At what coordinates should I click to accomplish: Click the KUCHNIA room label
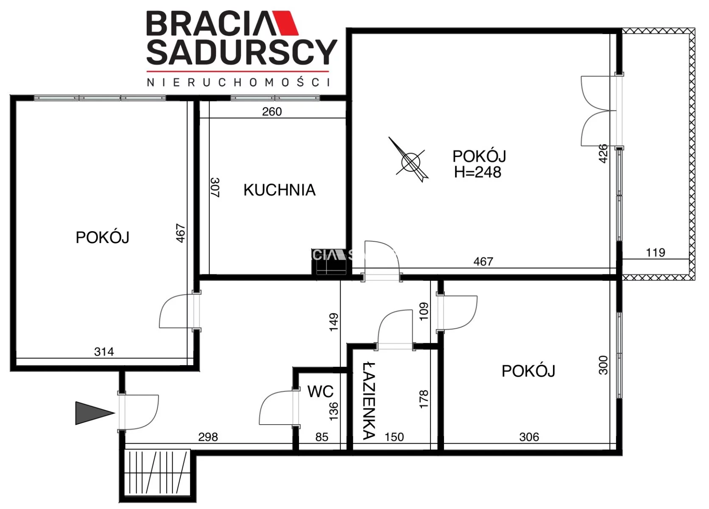tap(279, 190)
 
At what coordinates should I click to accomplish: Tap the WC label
tap(320, 392)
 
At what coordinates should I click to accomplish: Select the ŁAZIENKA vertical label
tap(369, 401)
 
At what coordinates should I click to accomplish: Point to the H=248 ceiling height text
tap(477, 172)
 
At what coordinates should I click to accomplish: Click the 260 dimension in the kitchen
tap(272, 112)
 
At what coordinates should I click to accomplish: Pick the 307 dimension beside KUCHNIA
tap(215, 187)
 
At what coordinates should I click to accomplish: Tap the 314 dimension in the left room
tap(104, 352)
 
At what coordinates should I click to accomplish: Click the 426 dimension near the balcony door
tap(603, 154)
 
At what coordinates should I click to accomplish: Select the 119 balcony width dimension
tap(656, 253)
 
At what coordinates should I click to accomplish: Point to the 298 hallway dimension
tap(208, 437)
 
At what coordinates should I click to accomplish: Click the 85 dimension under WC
tap(322, 437)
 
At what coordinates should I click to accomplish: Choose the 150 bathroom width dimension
tap(394, 437)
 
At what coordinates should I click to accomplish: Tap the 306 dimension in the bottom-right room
tap(529, 437)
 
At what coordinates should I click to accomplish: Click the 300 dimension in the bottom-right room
tap(603, 365)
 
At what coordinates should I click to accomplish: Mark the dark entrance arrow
tap(95, 413)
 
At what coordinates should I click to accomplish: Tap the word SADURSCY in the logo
tap(242, 52)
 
